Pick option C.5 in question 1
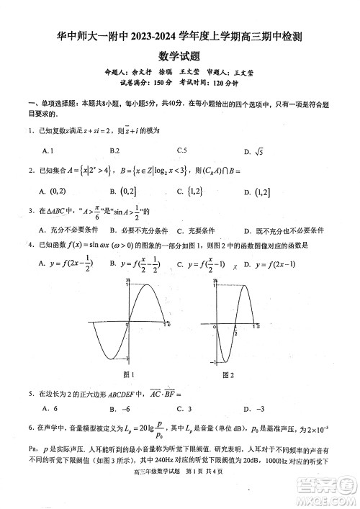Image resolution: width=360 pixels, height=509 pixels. [181, 150]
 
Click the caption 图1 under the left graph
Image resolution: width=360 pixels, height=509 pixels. [130, 374]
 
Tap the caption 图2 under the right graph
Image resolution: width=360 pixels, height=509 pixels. [228, 374]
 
